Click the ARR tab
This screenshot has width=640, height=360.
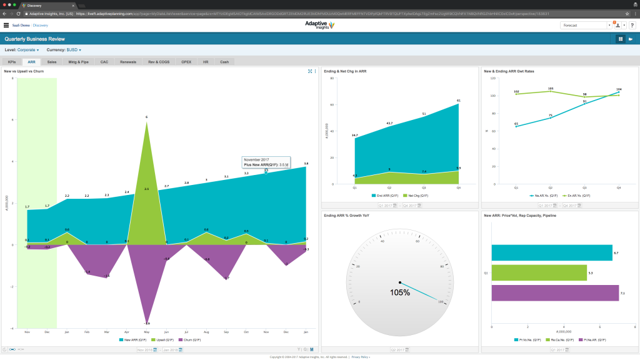[x=31, y=62]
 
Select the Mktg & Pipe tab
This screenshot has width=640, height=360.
[x=78, y=62]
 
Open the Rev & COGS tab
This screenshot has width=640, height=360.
[x=159, y=62]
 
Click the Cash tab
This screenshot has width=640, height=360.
[x=224, y=62]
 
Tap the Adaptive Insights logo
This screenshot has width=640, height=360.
[x=319, y=25]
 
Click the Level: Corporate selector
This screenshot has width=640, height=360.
[x=22, y=49]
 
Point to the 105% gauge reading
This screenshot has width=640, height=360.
[x=400, y=292]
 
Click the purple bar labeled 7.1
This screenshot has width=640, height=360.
[x=555, y=293]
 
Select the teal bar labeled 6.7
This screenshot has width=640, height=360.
[x=551, y=252]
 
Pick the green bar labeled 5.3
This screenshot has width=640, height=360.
[x=539, y=273]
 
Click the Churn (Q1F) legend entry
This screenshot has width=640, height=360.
[x=187, y=340]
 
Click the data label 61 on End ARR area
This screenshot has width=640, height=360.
[x=459, y=100]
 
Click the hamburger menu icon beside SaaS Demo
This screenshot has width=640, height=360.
[x=6, y=26]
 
